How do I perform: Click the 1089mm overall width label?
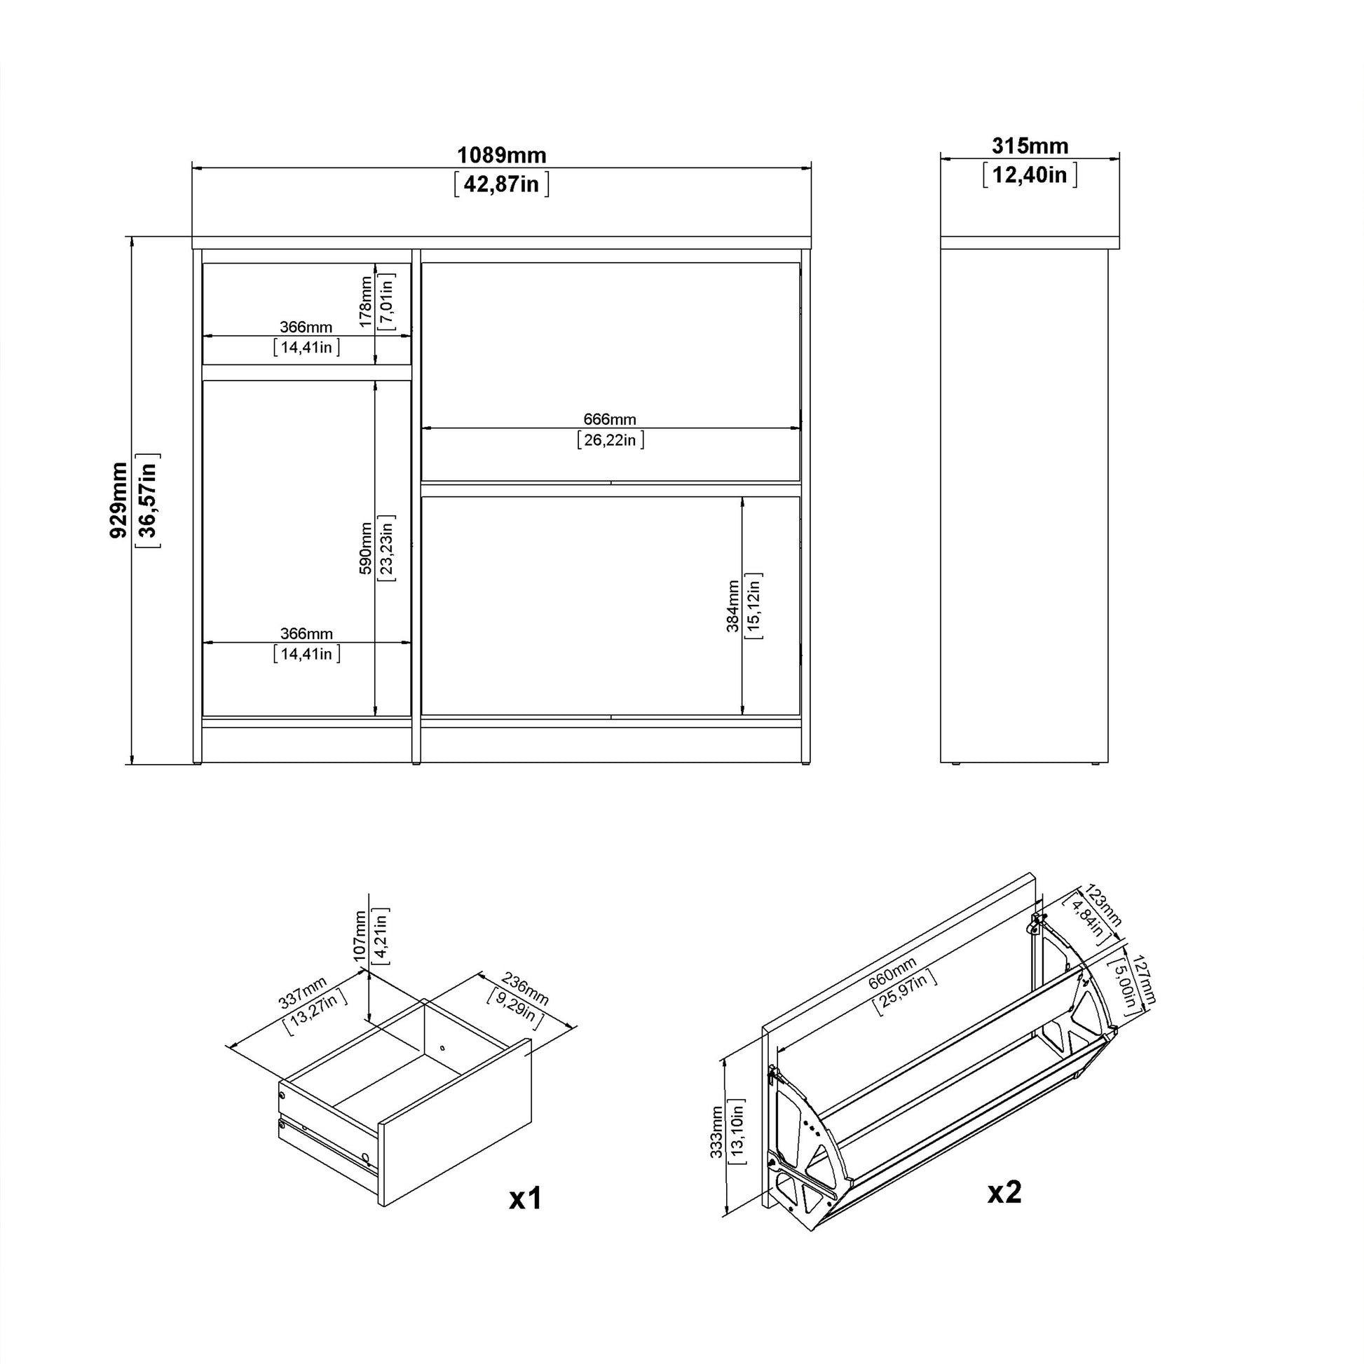[501, 155]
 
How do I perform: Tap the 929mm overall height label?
[118, 500]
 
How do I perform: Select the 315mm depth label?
[1030, 146]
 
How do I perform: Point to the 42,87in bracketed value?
[501, 184]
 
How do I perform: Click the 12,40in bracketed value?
[1030, 175]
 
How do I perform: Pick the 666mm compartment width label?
[610, 419]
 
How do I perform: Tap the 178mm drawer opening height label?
[365, 301]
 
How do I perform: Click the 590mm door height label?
[365, 548]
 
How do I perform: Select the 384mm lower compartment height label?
[733, 606]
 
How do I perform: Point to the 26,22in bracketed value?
[610, 441]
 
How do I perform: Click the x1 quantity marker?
[525, 1199]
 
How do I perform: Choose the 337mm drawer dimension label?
[302, 992]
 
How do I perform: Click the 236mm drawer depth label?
[525, 988]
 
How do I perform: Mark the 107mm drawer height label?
[360, 936]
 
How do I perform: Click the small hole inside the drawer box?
[442, 1048]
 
